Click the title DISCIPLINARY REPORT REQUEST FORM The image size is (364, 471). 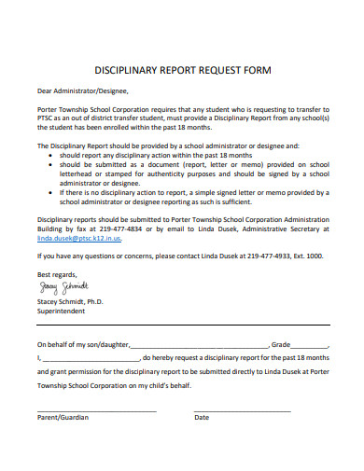point(182,70)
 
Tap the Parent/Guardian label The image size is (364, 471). point(63,417)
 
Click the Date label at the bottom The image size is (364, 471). point(202,417)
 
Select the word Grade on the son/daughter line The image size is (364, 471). point(283,343)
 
